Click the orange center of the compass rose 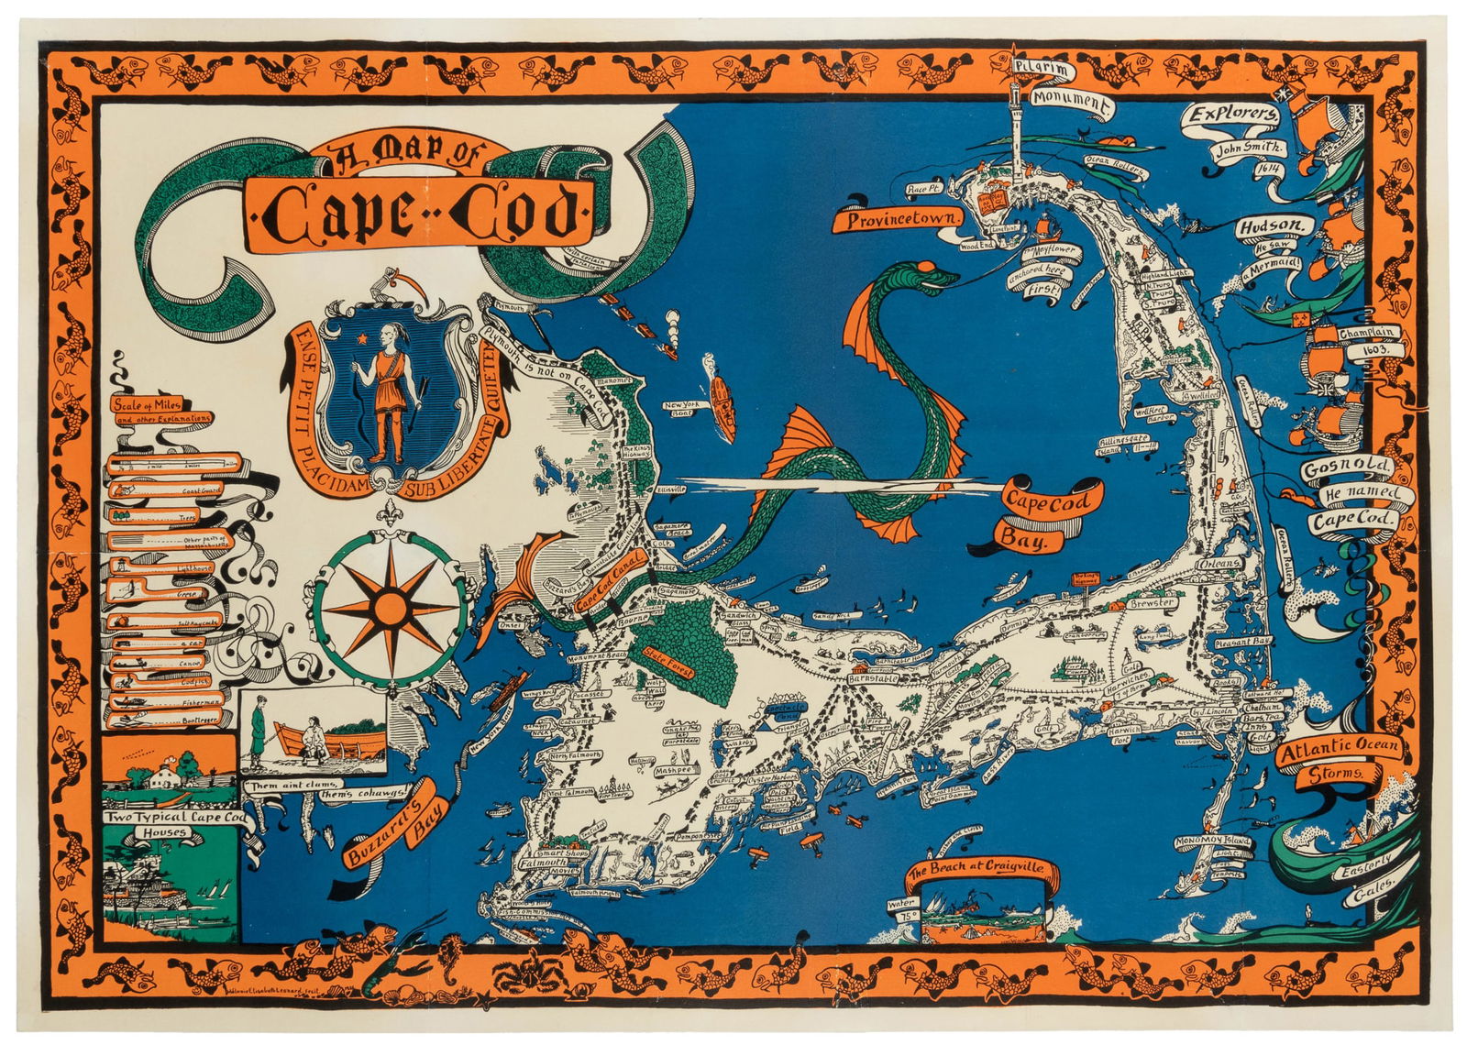click(390, 607)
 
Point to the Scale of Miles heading click(148, 403)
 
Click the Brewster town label click(1152, 604)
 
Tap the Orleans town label click(1220, 564)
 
